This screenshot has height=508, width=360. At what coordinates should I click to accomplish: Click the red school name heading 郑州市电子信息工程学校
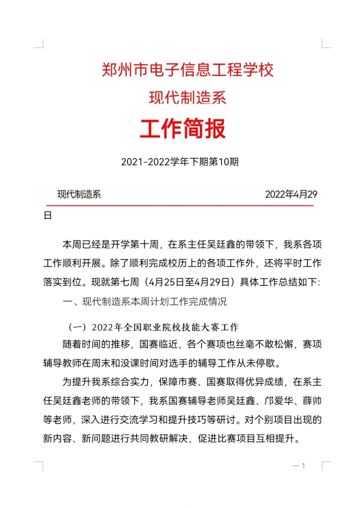pyautogui.click(x=188, y=70)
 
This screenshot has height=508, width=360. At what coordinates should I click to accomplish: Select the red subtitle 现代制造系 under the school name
pyautogui.click(x=188, y=99)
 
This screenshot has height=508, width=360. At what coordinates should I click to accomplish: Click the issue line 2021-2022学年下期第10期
pyautogui.click(x=179, y=162)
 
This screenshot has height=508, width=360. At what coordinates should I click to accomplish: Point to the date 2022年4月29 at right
pyautogui.click(x=291, y=194)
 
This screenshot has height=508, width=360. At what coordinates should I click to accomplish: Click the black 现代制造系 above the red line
pyautogui.click(x=79, y=194)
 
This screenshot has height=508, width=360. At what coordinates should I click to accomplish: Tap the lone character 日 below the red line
pyautogui.click(x=48, y=215)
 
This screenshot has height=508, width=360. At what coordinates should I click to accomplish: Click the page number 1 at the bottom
pyautogui.click(x=304, y=466)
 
